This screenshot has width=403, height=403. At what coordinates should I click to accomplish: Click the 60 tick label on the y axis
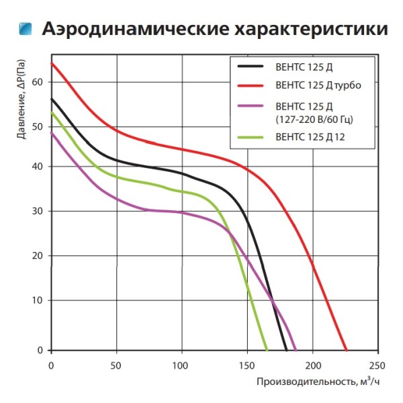click(x=37, y=82)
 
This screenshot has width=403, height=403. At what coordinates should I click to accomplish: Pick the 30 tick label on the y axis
click(x=37, y=211)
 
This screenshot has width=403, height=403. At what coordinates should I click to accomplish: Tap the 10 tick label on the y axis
click(x=37, y=300)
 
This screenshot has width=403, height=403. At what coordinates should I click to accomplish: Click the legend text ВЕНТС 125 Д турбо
click(x=314, y=86)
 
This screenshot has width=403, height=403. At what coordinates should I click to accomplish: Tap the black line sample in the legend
click(x=251, y=67)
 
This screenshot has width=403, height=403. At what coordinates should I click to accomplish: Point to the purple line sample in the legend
click(x=251, y=106)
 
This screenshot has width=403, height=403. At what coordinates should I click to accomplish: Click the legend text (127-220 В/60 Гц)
click(x=314, y=120)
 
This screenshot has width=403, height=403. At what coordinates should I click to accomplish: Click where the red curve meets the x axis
click(x=347, y=350)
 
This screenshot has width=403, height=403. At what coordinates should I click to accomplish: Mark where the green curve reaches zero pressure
click(x=267, y=350)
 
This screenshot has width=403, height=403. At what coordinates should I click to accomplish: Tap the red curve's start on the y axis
click(x=52, y=63)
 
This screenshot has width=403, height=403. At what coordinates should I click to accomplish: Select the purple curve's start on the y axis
click(x=52, y=132)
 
